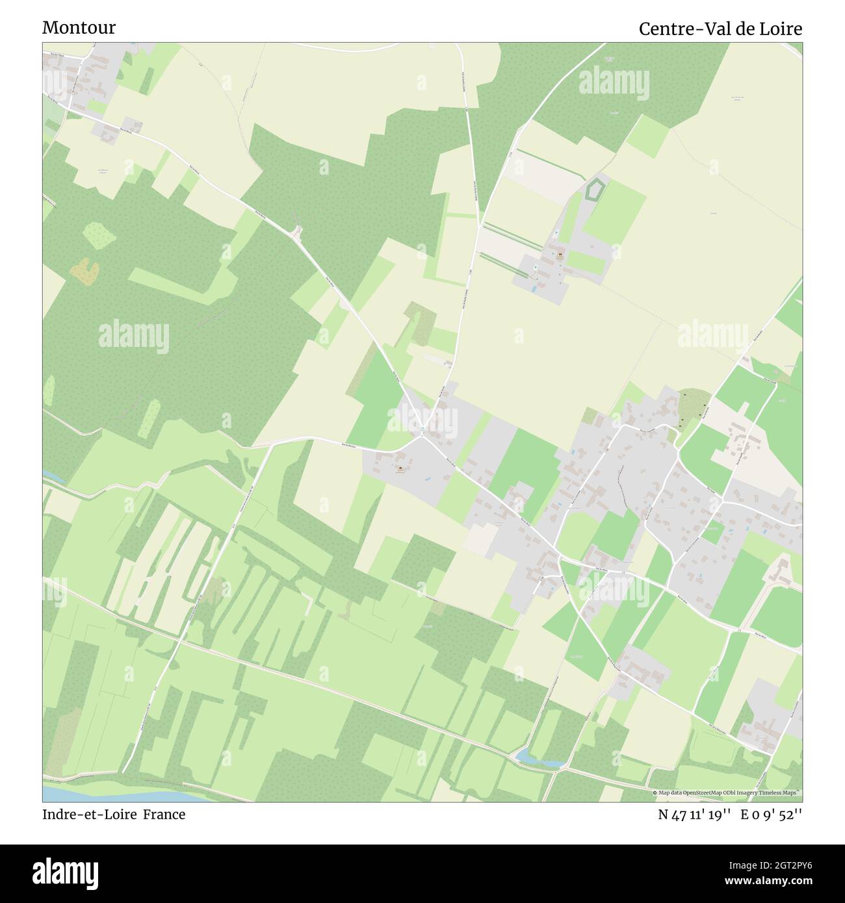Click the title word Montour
tap(79, 27)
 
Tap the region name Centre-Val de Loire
tap(720, 29)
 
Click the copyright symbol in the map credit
tap(656, 793)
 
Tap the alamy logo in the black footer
tap(65, 872)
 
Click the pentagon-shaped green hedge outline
tap(593, 190)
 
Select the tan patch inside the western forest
tap(82, 271)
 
